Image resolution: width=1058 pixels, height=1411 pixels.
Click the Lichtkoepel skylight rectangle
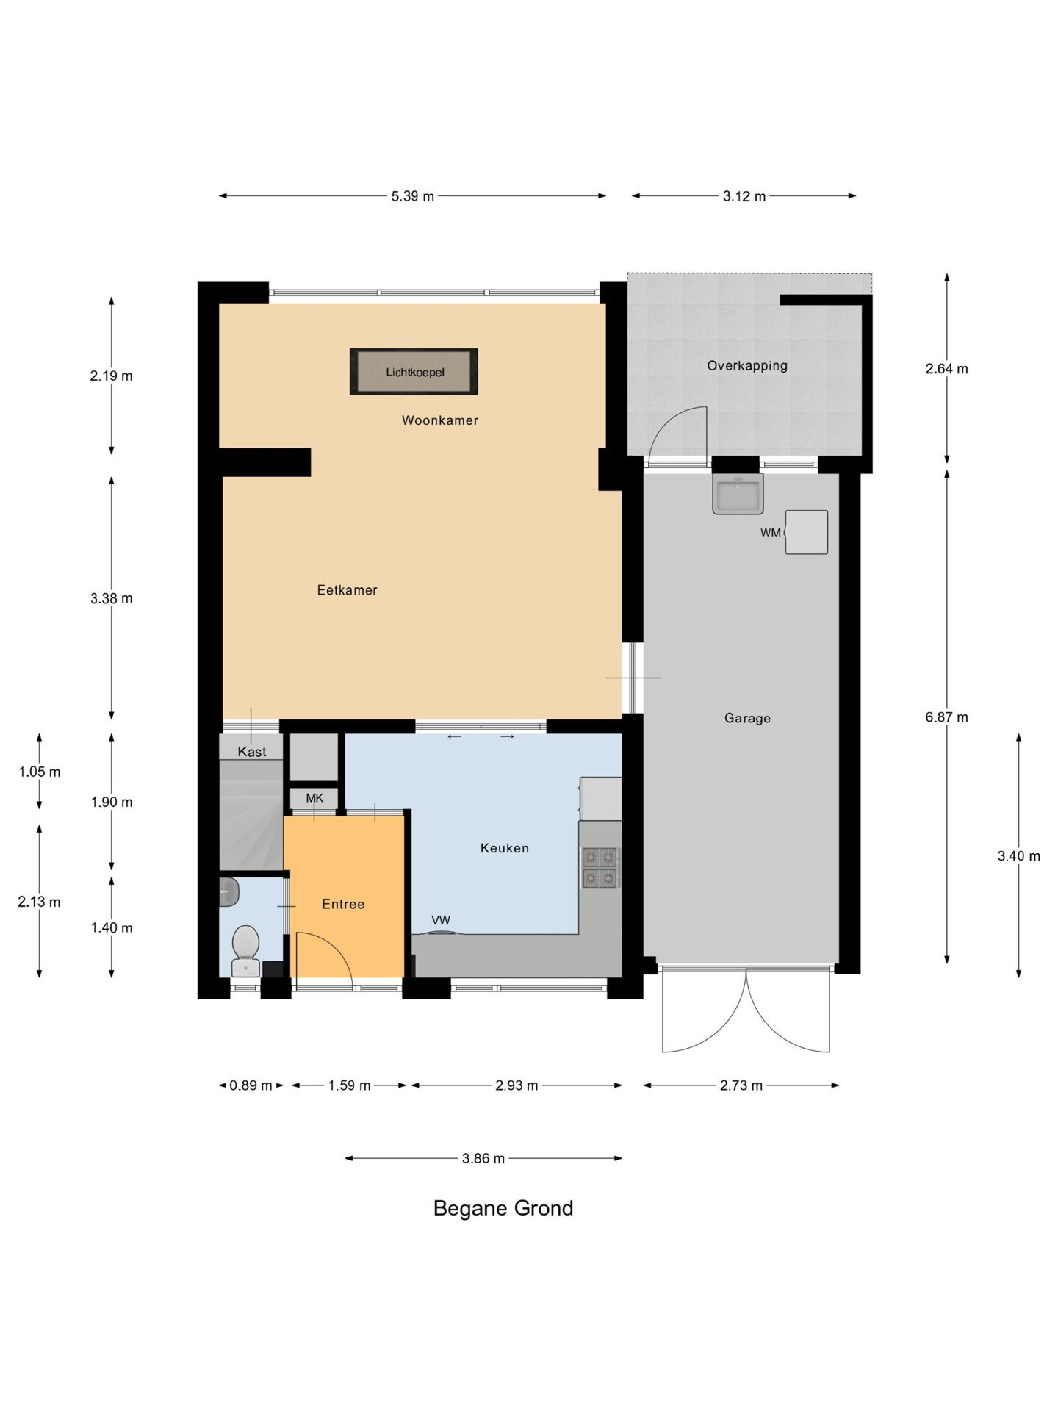coord(414,372)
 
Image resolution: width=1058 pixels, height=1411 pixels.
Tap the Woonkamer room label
coord(440,420)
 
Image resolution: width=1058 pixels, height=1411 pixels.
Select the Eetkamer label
coord(347,590)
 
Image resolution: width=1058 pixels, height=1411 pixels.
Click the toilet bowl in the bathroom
coord(245,950)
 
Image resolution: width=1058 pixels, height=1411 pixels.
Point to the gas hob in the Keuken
coord(600,868)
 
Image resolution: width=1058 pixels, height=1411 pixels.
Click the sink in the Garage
coord(738,493)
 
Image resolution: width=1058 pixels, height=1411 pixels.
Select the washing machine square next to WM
coord(806,532)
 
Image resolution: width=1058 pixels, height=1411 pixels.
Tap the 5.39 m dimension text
coord(413,196)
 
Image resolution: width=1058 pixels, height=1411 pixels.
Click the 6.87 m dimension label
coord(946,717)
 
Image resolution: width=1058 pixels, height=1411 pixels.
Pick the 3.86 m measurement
coord(483,1159)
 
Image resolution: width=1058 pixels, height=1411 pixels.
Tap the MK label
coord(314,798)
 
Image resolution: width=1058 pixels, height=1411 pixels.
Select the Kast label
coord(252,752)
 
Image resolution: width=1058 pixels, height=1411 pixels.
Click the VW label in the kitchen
coord(441,920)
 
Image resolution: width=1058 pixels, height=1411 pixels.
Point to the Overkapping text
coord(747,366)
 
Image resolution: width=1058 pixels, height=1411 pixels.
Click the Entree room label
coord(343,905)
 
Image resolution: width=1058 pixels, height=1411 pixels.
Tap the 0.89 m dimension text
coord(251,1085)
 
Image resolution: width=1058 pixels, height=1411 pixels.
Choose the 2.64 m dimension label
coord(946,369)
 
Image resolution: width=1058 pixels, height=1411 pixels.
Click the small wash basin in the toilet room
coord(228,892)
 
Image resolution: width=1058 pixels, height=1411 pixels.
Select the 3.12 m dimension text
coord(744,196)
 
